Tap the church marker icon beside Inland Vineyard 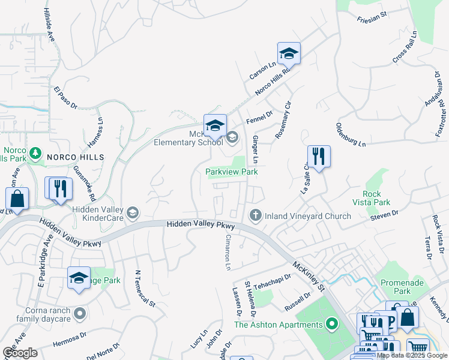click(255, 215)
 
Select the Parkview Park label click(232, 172)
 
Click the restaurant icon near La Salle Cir click(319, 157)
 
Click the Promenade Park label click(401, 287)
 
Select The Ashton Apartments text click(279, 325)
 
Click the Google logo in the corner click(19, 353)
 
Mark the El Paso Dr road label click(66, 98)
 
